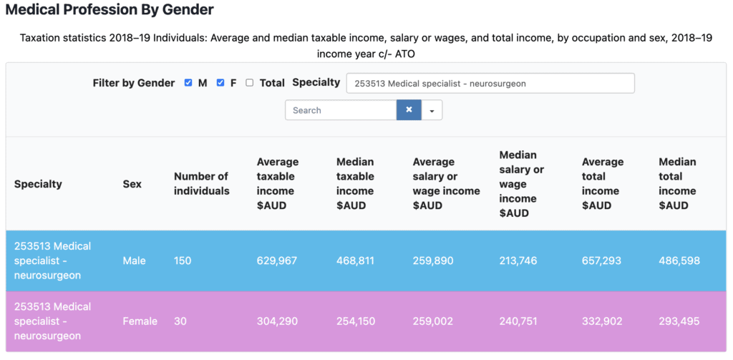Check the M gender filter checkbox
pyautogui.click(x=188, y=83)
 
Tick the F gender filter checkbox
pyautogui.click(x=220, y=83)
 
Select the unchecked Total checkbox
pyautogui.click(x=249, y=83)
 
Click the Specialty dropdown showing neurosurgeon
pyautogui.click(x=490, y=83)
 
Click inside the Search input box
pyautogui.click(x=341, y=110)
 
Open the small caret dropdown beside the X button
pyautogui.click(x=432, y=110)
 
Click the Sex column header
pyautogui.click(x=132, y=184)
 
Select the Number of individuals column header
pyautogui.click(x=201, y=184)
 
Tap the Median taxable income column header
pyautogui.click(x=355, y=184)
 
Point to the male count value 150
pyautogui.click(x=183, y=261)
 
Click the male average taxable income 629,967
pyautogui.click(x=276, y=261)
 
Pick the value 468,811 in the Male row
pyautogui.click(x=355, y=261)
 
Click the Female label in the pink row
pyautogui.click(x=140, y=321)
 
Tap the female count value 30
pyautogui.click(x=180, y=321)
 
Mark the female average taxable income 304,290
pyautogui.click(x=276, y=321)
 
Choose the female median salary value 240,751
pyautogui.click(x=518, y=321)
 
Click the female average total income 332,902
pyautogui.click(x=601, y=321)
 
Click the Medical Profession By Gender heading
pyautogui.click(x=109, y=11)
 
